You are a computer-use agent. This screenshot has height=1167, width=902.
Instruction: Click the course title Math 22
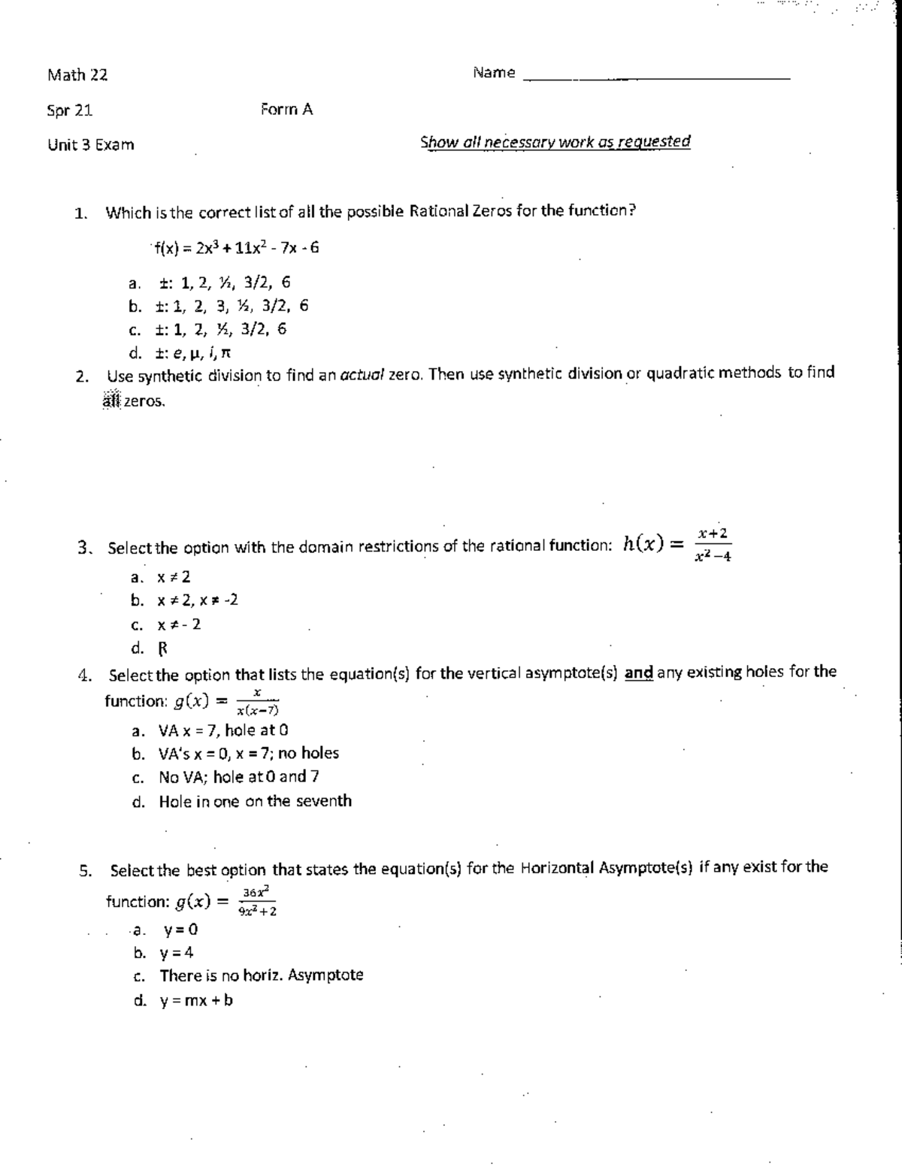77,75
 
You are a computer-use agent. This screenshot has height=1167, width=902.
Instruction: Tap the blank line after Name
656,77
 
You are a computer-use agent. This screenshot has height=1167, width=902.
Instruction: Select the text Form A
286,110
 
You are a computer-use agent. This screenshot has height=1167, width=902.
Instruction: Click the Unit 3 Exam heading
91,145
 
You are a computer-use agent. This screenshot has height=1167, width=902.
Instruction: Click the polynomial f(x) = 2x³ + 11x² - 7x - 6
236,248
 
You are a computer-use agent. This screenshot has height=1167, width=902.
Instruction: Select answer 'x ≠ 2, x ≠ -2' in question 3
198,600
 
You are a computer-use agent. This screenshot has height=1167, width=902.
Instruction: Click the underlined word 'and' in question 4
638,673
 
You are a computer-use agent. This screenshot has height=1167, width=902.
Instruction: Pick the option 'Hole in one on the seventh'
255,801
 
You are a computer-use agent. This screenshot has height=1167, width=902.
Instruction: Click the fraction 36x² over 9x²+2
258,901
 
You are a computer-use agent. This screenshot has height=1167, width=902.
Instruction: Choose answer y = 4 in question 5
176,953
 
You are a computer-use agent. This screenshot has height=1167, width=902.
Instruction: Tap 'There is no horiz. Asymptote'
261,975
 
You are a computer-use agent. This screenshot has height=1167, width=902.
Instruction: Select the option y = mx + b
195,1000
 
